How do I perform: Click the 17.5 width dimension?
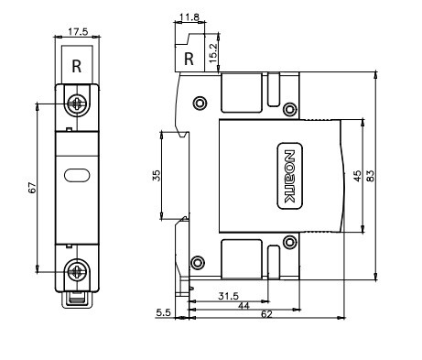click(x=78, y=32)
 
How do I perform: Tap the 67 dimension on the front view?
click(x=32, y=188)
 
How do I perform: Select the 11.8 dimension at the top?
click(x=189, y=17)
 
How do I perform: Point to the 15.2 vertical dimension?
click(x=213, y=53)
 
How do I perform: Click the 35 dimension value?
click(x=157, y=176)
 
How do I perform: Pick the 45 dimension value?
click(x=358, y=176)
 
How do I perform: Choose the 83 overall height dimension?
click(x=370, y=176)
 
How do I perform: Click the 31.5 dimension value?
click(x=229, y=296)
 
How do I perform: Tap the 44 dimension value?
click(x=243, y=305)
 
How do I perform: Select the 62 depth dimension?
click(x=266, y=314)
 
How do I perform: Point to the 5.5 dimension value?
click(x=164, y=312)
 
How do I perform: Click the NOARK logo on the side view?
click(x=289, y=176)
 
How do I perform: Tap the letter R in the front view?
click(x=77, y=66)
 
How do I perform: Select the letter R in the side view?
click(x=189, y=59)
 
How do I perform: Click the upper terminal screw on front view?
click(x=77, y=104)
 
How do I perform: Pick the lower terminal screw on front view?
click(x=77, y=271)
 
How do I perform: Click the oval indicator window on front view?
click(x=77, y=175)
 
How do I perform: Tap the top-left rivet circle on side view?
click(x=200, y=103)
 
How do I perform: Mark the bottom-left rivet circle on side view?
click(x=198, y=262)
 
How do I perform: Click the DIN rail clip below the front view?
click(x=77, y=300)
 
